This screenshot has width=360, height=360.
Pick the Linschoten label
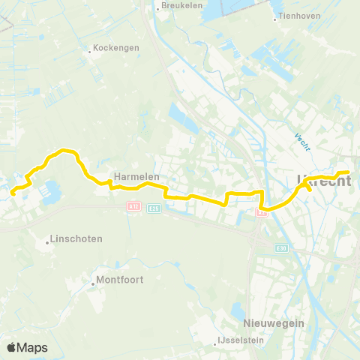[76, 238]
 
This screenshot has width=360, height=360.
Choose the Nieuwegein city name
[273, 323]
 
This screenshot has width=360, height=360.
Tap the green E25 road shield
[154, 208]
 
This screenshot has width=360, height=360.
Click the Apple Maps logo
[27, 347]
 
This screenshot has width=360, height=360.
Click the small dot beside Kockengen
[89, 52]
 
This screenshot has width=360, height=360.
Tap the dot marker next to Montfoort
[93, 283]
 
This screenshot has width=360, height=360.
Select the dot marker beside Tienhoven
[275, 19]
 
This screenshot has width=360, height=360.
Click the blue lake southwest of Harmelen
[52, 190]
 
